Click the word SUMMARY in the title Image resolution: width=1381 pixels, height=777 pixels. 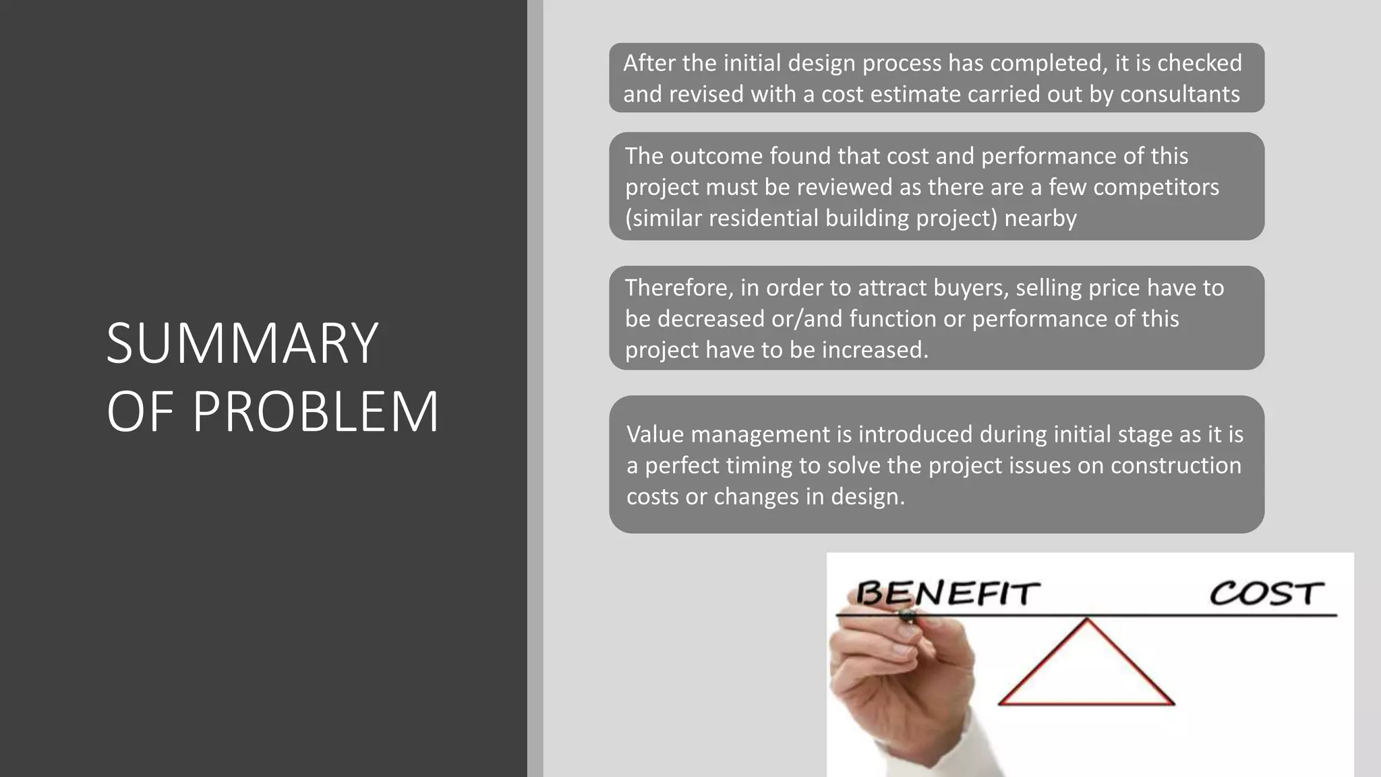(x=242, y=343)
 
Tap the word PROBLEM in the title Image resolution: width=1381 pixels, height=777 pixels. (x=316, y=411)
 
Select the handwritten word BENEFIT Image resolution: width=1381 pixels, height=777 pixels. (x=947, y=594)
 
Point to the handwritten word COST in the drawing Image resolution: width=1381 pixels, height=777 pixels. (x=1266, y=594)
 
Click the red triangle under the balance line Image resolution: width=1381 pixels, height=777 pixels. (x=1086, y=668)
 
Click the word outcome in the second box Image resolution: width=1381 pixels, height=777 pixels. (x=716, y=156)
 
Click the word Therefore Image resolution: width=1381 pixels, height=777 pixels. (x=678, y=287)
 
